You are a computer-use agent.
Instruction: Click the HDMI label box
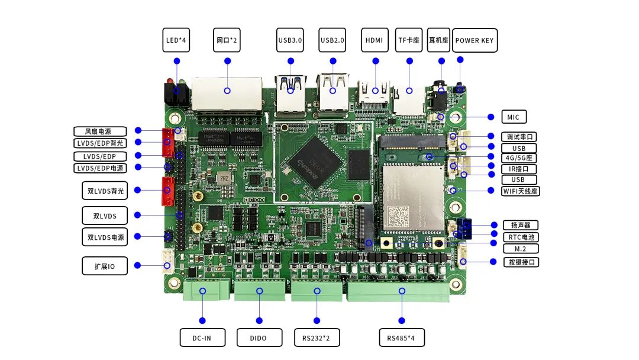click(x=374, y=40)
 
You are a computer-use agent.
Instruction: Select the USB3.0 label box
click(x=290, y=40)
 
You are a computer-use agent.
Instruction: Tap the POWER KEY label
click(x=475, y=41)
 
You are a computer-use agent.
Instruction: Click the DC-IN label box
click(x=203, y=338)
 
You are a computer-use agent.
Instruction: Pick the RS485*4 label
click(x=402, y=338)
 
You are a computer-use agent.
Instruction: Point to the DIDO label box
click(x=259, y=338)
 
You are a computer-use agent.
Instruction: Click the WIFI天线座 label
click(x=521, y=191)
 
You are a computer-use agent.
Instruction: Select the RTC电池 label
click(x=521, y=237)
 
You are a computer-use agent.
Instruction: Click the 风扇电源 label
click(x=101, y=131)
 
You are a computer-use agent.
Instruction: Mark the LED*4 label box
click(x=176, y=40)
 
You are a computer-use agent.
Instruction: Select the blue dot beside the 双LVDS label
click(x=138, y=215)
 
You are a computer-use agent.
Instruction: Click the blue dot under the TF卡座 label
click(x=408, y=61)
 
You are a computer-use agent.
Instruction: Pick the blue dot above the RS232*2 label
click(x=317, y=320)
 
